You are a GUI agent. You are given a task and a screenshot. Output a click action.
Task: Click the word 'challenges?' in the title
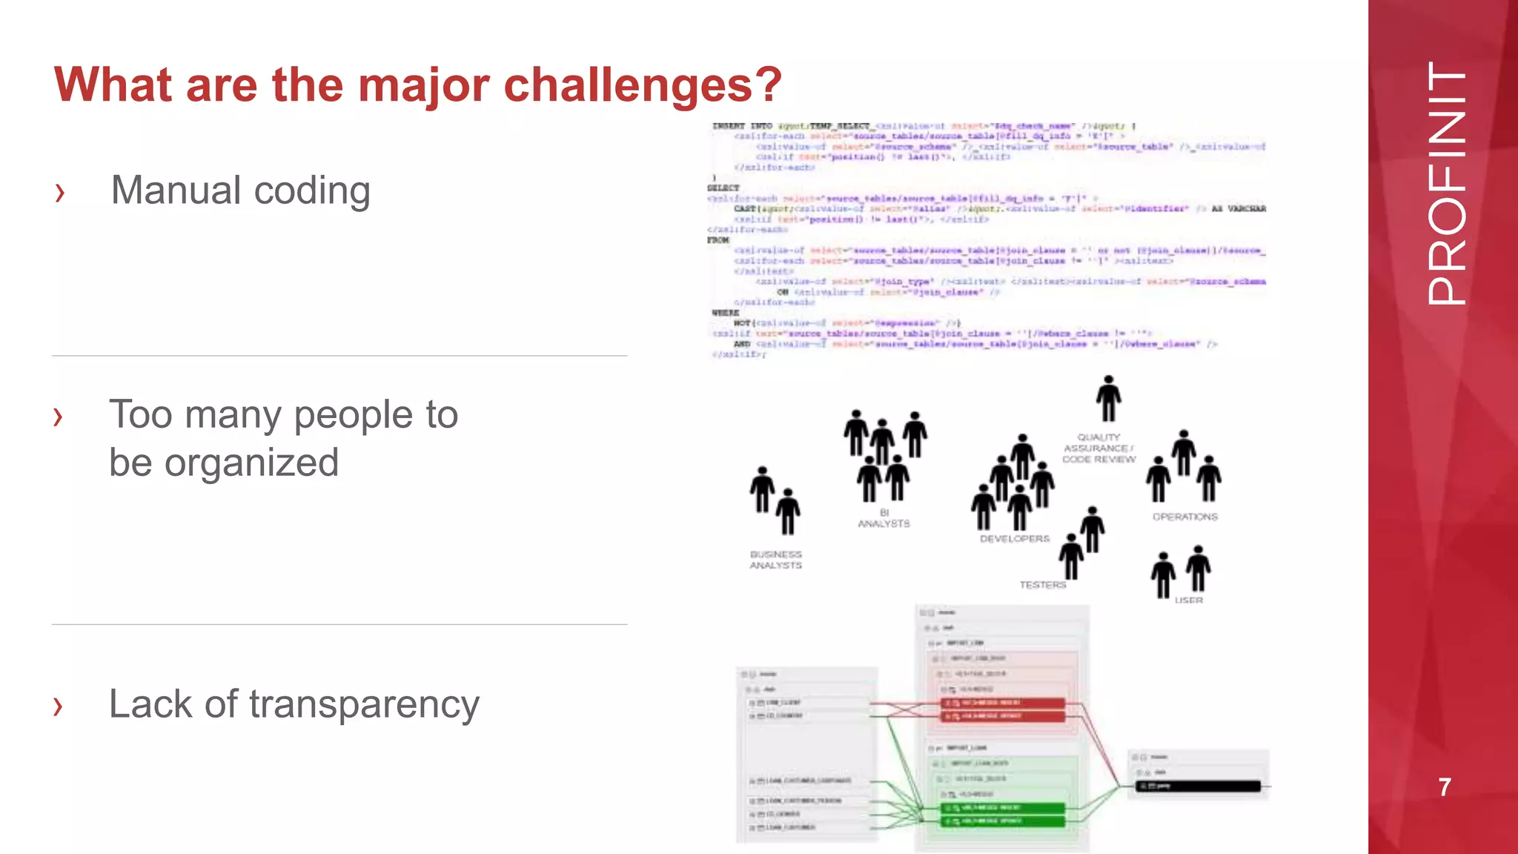point(643,85)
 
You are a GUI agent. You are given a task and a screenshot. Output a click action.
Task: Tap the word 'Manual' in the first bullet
point(175,191)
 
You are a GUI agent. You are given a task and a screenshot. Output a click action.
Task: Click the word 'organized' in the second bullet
point(251,463)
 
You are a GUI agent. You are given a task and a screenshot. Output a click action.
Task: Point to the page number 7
point(1445,787)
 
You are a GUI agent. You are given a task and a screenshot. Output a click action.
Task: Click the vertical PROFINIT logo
point(1446,183)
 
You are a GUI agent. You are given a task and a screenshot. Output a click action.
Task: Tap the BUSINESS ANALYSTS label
point(775,560)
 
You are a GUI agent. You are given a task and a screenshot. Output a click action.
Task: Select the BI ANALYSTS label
point(884,518)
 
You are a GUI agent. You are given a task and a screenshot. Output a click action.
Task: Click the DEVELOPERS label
point(1015,539)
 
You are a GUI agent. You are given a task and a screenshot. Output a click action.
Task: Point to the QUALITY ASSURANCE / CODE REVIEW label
point(1098,448)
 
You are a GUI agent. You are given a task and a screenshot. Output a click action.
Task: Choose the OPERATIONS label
point(1184,517)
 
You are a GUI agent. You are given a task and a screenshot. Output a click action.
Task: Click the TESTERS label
point(1042,585)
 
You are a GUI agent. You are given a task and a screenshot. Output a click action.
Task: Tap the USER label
point(1188,600)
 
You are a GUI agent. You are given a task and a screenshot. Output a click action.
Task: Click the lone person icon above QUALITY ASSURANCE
point(1108,398)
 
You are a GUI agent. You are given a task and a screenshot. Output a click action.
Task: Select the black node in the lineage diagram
point(1198,787)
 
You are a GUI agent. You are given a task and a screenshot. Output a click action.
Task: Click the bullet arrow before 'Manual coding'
point(60,193)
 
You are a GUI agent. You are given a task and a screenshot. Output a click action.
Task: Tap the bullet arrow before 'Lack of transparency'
point(59,706)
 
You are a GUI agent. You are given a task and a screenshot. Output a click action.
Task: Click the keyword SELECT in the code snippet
point(723,188)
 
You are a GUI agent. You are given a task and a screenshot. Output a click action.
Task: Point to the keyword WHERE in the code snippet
point(725,313)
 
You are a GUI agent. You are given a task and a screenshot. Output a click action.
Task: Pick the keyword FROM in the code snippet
point(718,240)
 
